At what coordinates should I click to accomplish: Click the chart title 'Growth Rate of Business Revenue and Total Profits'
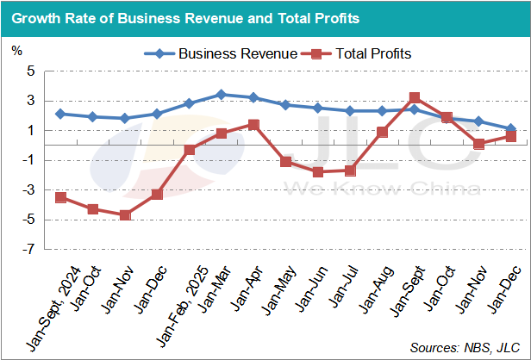185,17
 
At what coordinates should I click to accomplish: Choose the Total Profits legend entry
361,53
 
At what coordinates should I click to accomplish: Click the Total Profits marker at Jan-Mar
221,133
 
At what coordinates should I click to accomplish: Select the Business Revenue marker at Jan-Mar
221,95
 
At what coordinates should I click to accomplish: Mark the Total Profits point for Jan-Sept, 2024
60,197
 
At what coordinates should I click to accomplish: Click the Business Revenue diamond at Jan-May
285,105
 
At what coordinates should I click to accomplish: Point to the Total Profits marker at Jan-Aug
382,132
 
